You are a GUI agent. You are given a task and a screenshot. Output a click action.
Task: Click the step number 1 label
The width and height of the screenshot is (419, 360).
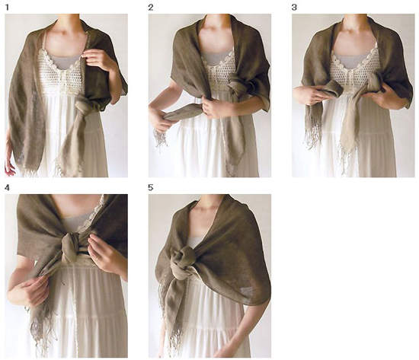coord(7,8)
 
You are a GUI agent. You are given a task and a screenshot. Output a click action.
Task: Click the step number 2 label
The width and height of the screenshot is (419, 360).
coord(151,8)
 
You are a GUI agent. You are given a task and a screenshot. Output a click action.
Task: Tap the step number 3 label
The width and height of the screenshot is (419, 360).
coord(294,8)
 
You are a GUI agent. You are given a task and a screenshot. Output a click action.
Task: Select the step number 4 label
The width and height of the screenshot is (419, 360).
coord(7,188)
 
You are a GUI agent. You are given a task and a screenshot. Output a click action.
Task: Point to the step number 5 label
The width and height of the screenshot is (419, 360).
coord(151,188)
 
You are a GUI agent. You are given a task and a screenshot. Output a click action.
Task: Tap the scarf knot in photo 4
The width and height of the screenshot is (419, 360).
coord(71,247)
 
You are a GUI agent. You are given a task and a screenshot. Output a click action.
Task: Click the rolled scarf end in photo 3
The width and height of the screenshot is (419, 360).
coord(331,90)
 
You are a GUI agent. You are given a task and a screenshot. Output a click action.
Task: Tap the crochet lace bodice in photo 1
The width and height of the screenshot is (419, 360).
coord(62,71)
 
